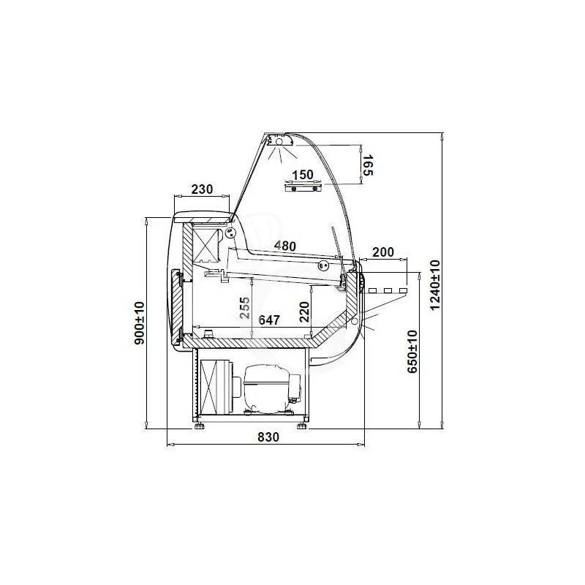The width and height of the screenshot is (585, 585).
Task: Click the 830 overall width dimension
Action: (x=268, y=437)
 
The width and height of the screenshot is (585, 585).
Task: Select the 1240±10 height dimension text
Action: (x=435, y=285)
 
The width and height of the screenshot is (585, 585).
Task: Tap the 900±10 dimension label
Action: (x=139, y=323)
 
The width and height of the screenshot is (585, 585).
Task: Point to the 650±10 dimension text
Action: (x=412, y=352)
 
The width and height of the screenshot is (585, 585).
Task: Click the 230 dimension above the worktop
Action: (x=202, y=189)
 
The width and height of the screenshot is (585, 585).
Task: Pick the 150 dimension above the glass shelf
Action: (x=303, y=175)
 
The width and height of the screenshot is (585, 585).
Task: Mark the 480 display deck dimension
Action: (x=285, y=246)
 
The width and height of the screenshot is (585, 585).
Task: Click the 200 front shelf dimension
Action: (x=383, y=252)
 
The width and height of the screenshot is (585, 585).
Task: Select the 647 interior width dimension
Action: (x=269, y=320)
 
